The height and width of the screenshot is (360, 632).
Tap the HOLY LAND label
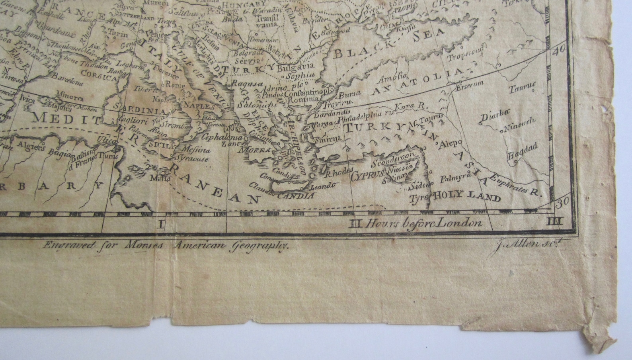pyautogui.click(x=466, y=196)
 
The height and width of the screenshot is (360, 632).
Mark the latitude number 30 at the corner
pyautogui.click(x=563, y=203)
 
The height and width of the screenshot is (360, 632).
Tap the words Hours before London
pyautogui.click(x=424, y=223)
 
